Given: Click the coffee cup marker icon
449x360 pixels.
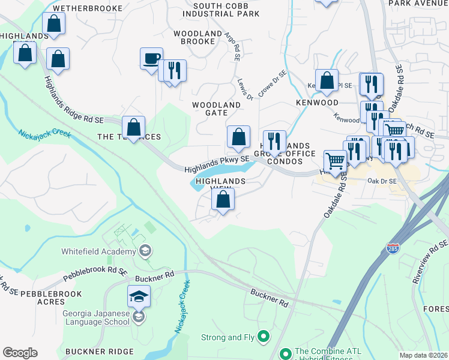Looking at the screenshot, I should click(151, 59).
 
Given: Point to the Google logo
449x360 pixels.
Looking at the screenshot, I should click(20, 352).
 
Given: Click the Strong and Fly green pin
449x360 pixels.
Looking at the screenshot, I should click(263, 337).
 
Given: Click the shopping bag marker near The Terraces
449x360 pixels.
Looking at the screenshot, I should click(133, 127).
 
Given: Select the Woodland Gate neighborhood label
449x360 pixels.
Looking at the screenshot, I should click(217, 109).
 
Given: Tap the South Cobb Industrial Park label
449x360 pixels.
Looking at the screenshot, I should click(221, 9).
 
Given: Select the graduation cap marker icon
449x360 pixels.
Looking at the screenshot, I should click(139, 296).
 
